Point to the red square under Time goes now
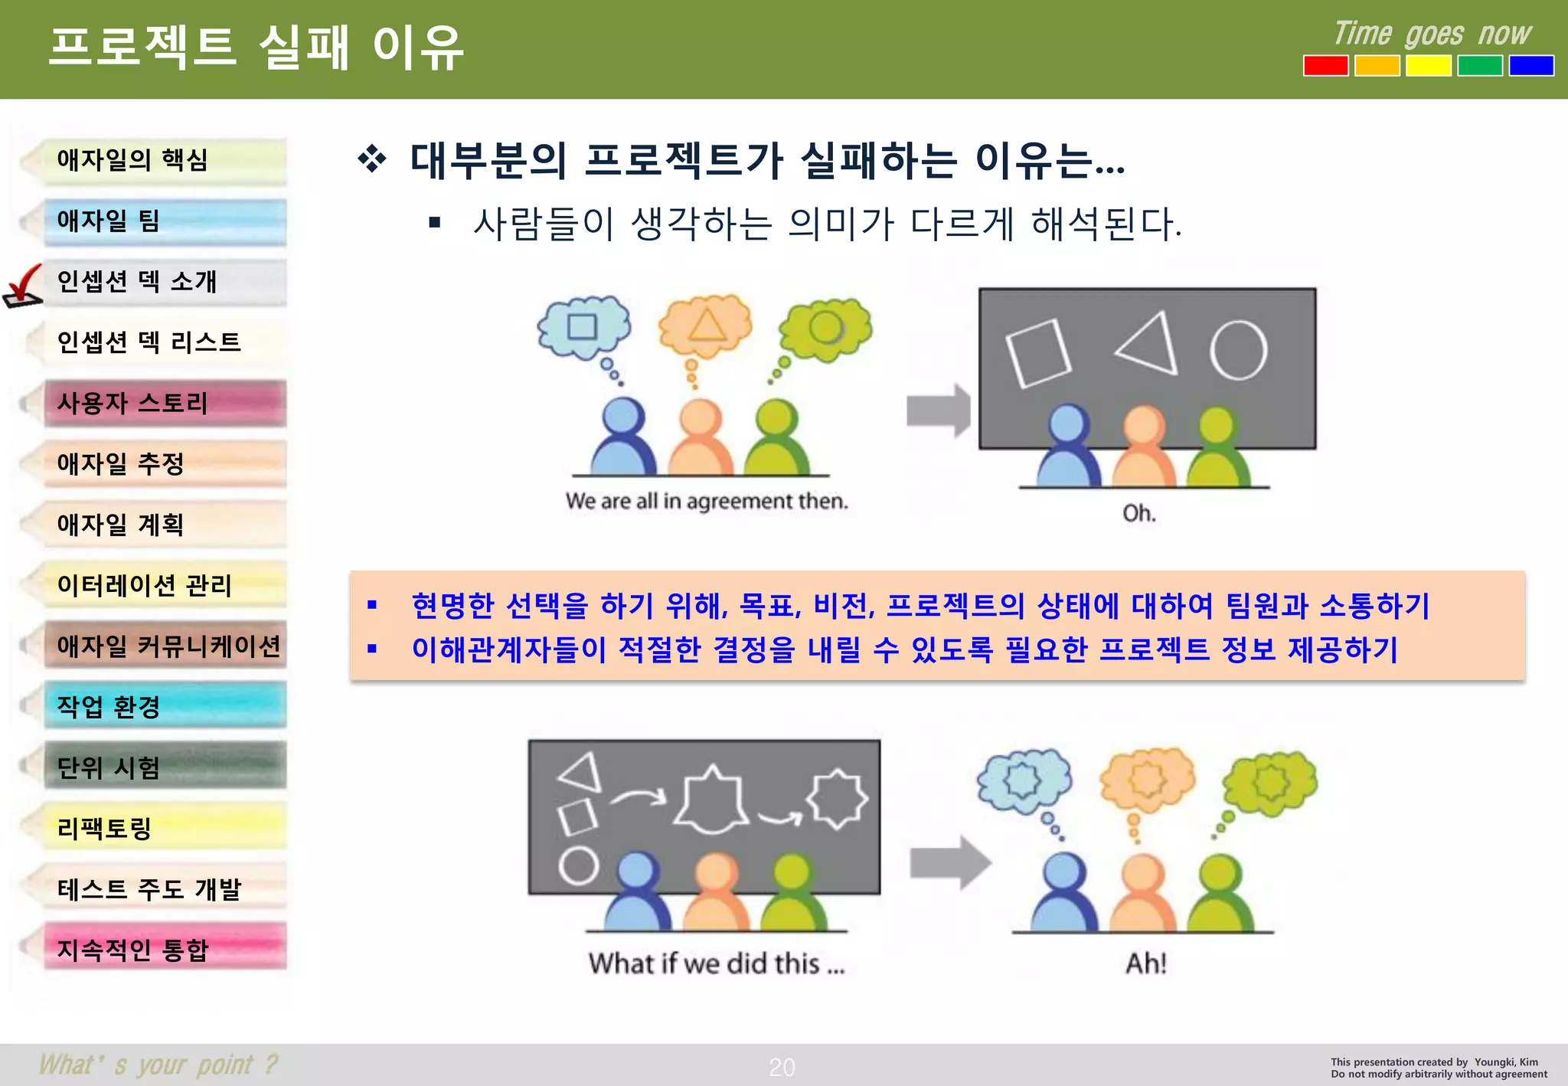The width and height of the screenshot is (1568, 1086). pyautogui.click(x=1325, y=66)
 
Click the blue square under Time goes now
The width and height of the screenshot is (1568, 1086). pyautogui.click(x=1530, y=66)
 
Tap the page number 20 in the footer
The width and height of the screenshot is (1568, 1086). pyautogui.click(x=782, y=1067)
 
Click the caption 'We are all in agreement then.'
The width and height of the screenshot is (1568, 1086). pyautogui.click(x=707, y=502)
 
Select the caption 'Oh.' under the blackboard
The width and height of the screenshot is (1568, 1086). pyautogui.click(x=1138, y=513)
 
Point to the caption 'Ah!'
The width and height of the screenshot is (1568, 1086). pyautogui.click(x=1145, y=963)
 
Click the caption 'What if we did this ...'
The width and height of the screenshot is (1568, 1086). pyautogui.click(x=717, y=963)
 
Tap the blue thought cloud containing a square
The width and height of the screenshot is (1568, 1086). pyautogui.click(x=583, y=327)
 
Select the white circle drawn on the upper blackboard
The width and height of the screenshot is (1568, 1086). pyautogui.click(x=1238, y=351)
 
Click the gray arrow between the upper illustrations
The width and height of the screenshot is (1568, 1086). pyautogui.click(x=938, y=411)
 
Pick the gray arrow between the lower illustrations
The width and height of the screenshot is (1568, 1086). pyautogui.click(x=949, y=863)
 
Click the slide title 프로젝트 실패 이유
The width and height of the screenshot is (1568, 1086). pyautogui.click(x=256, y=47)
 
